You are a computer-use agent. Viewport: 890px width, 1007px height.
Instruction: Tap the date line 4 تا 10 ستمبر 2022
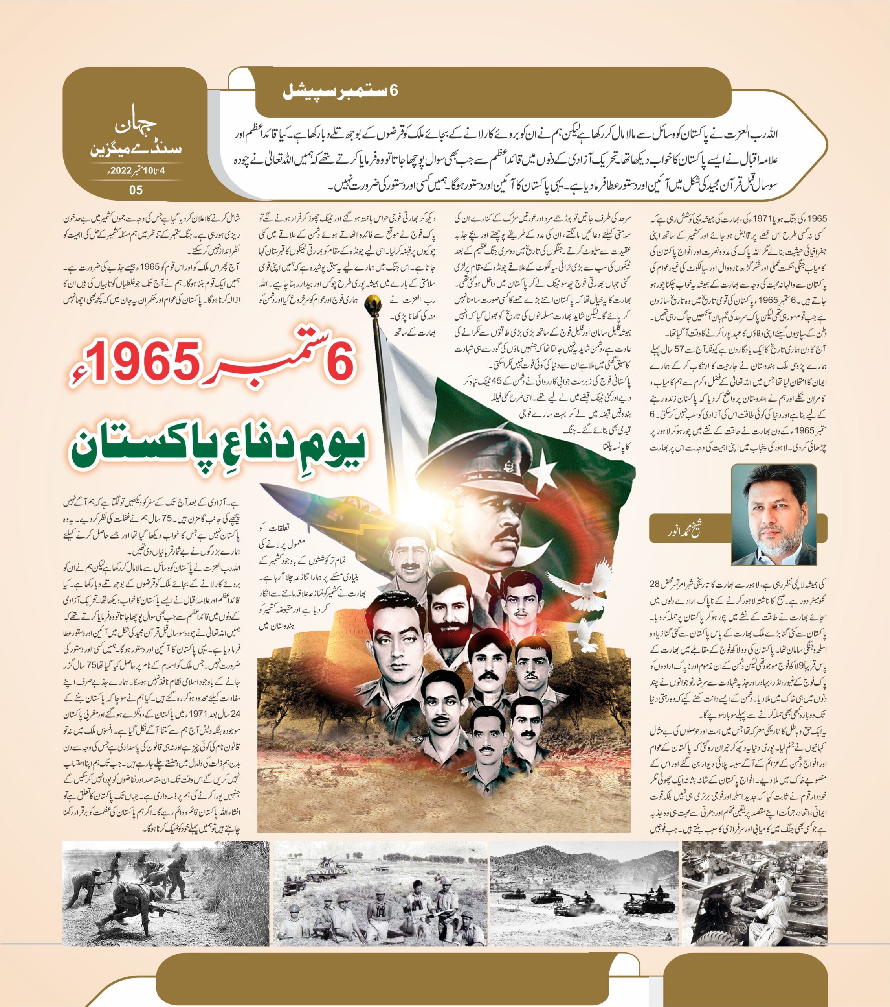coord(135,171)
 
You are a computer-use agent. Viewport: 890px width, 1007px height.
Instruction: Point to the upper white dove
coord(577,588)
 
